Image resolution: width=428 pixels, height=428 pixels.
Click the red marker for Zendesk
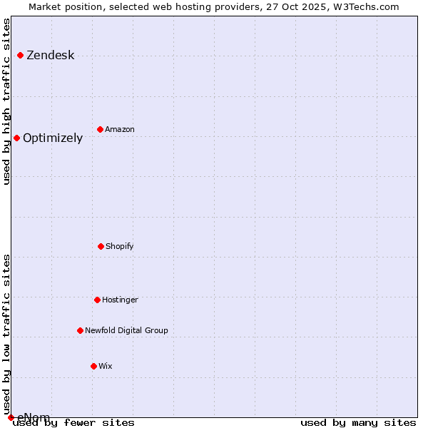(20, 55)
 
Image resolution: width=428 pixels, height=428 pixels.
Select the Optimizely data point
(16, 138)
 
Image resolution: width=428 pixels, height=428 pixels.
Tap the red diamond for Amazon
(100, 129)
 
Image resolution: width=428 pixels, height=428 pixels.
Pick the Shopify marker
(101, 246)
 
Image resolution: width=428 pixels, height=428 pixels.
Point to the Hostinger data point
(97, 300)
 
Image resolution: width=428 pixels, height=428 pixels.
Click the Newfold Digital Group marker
(80, 330)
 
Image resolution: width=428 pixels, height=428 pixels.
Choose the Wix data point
(93, 366)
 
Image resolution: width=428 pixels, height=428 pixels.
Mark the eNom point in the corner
(11, 417)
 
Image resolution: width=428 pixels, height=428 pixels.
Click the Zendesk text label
(50, 56)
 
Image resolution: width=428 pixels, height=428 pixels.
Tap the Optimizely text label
(53, 138)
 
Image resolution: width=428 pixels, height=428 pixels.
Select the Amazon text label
(120, 130)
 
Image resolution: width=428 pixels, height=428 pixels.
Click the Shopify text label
(120, 247)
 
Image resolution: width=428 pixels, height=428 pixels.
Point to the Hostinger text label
(120, 300)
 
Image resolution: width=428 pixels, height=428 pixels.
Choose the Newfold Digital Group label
(126, 331)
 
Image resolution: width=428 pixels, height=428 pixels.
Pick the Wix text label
(106, 367)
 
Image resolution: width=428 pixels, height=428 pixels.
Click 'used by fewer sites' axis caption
(74, 423)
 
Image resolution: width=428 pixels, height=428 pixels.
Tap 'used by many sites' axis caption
(358, 423)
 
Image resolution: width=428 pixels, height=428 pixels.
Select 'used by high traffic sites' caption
(7, 101)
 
